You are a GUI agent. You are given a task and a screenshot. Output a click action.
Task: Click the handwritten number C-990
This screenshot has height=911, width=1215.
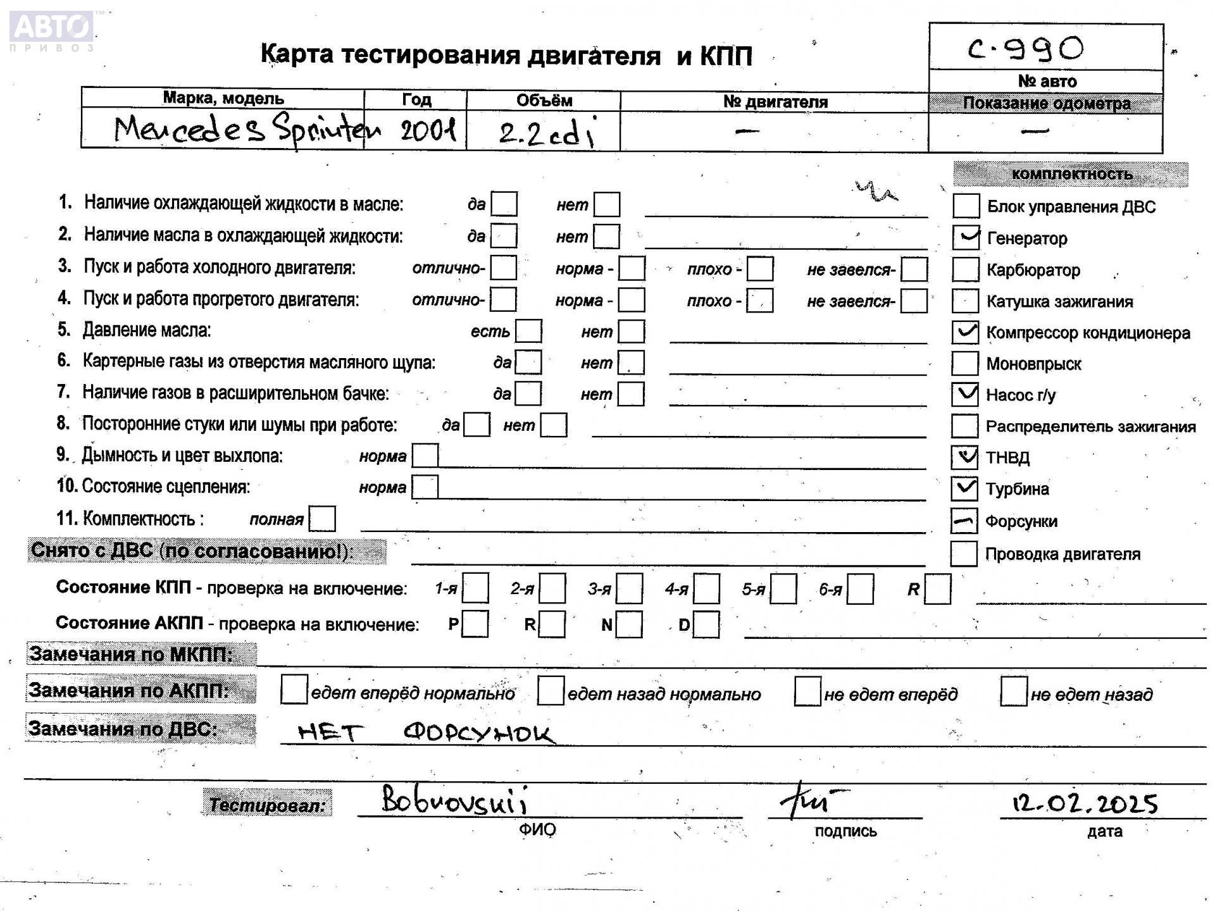click(x=1026, y=49)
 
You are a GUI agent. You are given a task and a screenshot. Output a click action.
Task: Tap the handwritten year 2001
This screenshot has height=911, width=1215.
click(x=428, y=131)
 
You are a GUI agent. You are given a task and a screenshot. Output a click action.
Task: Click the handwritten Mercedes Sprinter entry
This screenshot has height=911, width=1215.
click(x=247, y=130)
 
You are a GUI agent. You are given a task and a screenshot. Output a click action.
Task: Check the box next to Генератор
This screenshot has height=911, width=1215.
click(x=966, y=238)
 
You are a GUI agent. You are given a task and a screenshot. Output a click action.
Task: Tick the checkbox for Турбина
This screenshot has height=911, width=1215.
click(x=965, y=488)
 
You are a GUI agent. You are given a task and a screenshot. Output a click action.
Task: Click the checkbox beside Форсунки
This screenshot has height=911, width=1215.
click(x=964, y=521)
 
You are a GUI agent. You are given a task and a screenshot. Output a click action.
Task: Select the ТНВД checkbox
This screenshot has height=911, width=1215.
click(x=965, y=457)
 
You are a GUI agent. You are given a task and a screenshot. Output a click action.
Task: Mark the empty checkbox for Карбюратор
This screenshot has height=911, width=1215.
click(x=966, y=270)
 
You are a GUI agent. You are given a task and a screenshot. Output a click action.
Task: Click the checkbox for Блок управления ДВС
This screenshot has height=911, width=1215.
click(x=966, y=206)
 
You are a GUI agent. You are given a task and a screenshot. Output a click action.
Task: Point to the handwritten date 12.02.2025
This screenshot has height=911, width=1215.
click(x=1085, y=803)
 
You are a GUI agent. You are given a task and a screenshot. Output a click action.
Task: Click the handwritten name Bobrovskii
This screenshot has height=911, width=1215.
click(x=454, y=800)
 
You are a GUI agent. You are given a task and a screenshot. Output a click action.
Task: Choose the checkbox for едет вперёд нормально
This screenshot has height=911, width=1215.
click(x=294, y=690)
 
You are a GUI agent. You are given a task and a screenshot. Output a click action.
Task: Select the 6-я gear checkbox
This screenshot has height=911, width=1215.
click(x=860, y=589)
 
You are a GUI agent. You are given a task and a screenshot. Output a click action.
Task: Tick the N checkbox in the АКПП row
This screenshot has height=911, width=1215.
click(x=629, y=624)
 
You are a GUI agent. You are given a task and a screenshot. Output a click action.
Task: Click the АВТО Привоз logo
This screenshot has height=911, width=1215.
click(x=52, y=30)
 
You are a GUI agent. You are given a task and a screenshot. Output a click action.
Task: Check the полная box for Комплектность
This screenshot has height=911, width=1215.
click(x=322, y=519)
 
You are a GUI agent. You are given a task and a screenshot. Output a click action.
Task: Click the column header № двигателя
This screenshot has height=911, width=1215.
click(x=775, y=102)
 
